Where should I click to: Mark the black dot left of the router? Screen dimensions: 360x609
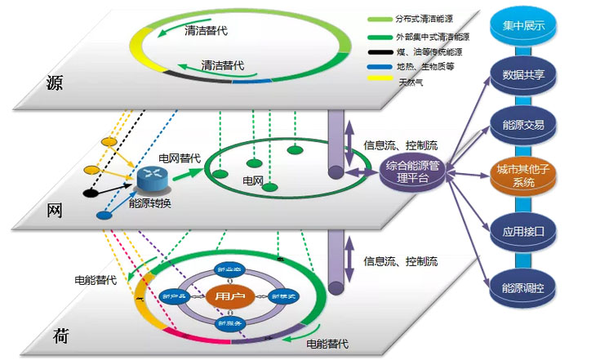tap(89, 193)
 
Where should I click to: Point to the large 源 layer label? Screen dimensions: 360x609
tap(55, 85)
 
